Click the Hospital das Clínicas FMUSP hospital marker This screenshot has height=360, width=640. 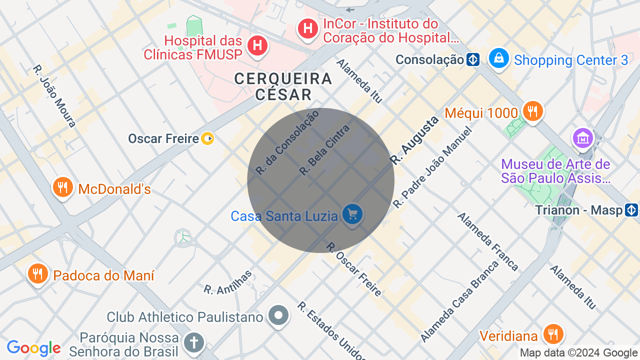click(x=257, y=45)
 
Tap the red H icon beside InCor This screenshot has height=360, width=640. click(x=308, y=28)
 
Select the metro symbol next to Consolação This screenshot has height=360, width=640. click(x=473, y=60)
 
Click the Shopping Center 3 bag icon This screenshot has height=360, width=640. click(x=498, y=58)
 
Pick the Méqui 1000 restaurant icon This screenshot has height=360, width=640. click(x=533, y=111)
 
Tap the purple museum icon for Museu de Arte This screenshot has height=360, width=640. click(x=583, y=137)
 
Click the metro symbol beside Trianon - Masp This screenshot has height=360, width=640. click(x=631, y=210)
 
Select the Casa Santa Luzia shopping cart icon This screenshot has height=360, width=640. click(x=352, y=214)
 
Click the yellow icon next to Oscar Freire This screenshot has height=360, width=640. click(x=207, y=138)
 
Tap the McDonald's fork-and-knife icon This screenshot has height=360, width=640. click(x=62, y=188)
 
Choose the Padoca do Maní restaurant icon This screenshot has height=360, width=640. click(x=37, y=274)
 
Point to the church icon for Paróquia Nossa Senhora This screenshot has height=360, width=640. click(x=193, y=343)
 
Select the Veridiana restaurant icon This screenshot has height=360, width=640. click(x=553, y=334)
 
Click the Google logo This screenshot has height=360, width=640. click(x=33, y=348)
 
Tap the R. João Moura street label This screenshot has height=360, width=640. click(x=54, y=95)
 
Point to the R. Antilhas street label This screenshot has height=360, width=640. click(x=228, y=281)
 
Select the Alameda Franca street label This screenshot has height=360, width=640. click(x=488, y=242)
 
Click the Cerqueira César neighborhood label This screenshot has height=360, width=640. click(x=283, y=86)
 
